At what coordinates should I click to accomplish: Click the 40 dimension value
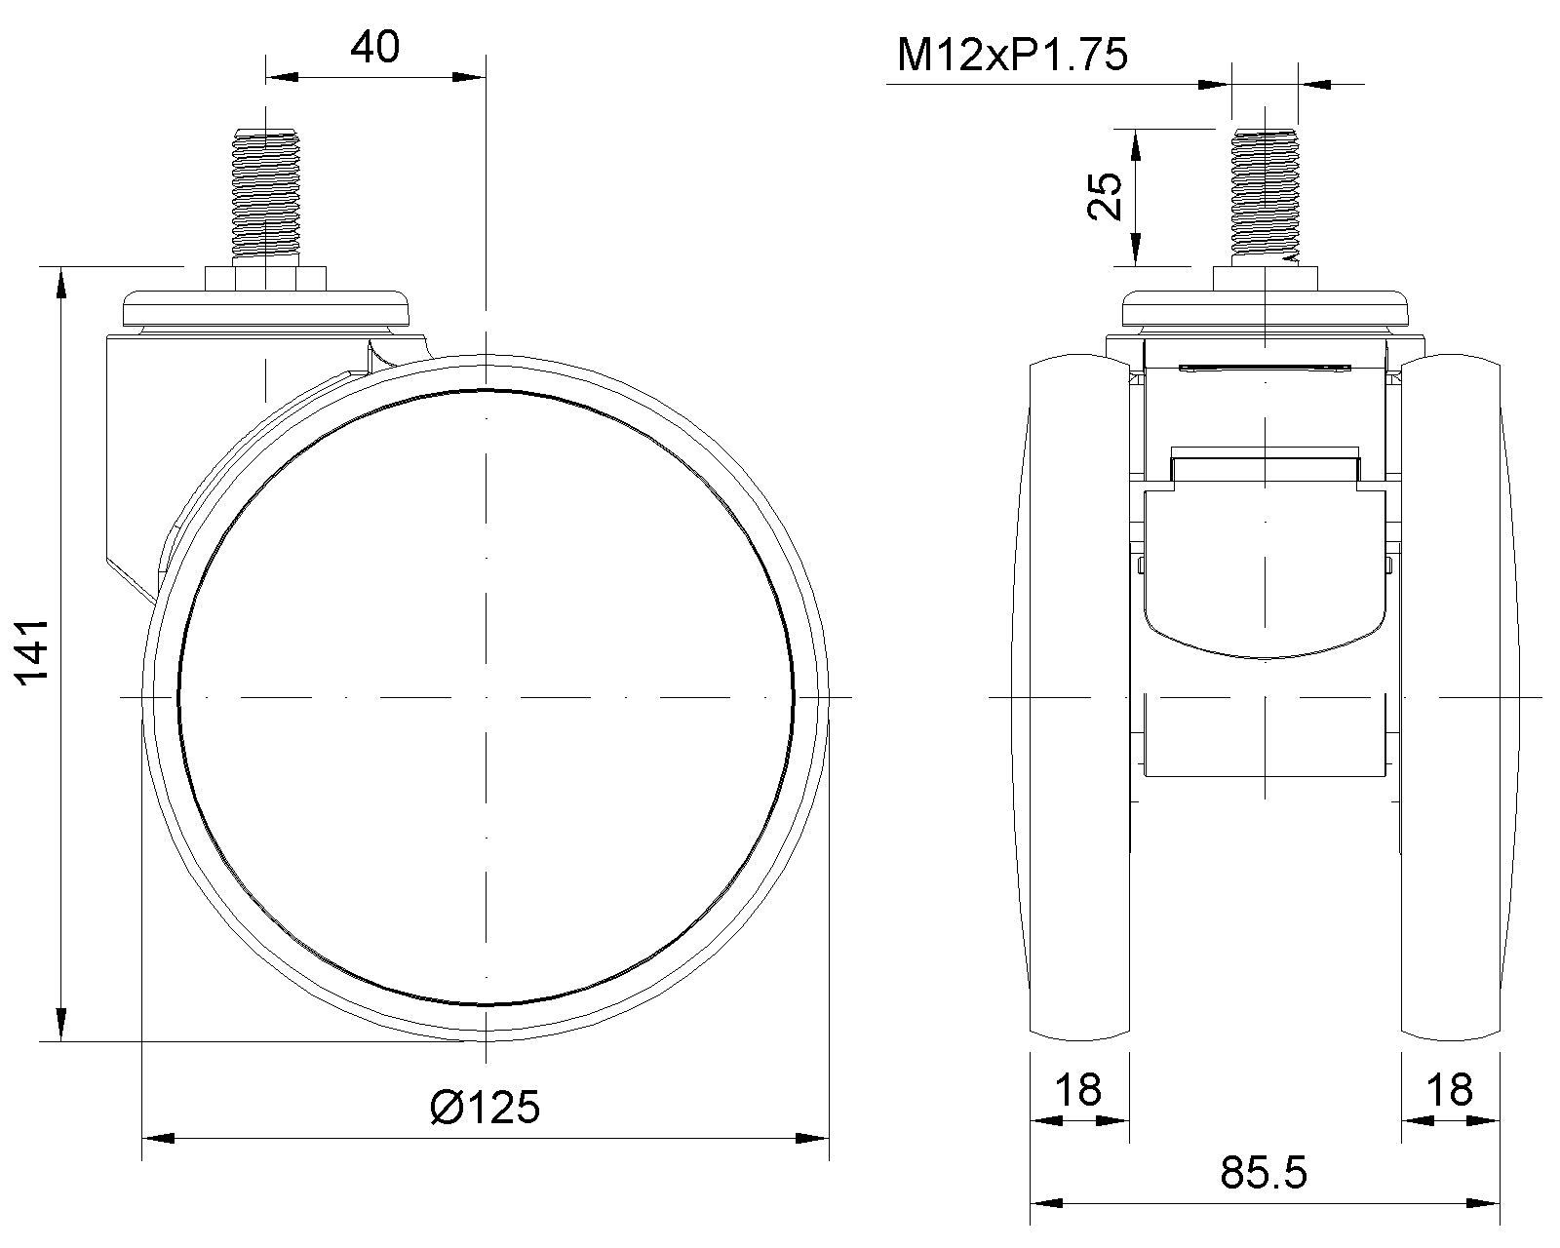point(374,48)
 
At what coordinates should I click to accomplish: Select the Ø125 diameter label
point(485,1108)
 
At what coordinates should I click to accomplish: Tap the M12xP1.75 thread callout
point(1012,56)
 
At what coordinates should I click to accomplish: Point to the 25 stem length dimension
point(1105,196)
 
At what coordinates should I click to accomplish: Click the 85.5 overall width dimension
point(1264,1173)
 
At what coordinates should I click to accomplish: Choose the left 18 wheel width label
point(1078,1090)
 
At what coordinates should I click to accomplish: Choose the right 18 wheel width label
point(1450,1090)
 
